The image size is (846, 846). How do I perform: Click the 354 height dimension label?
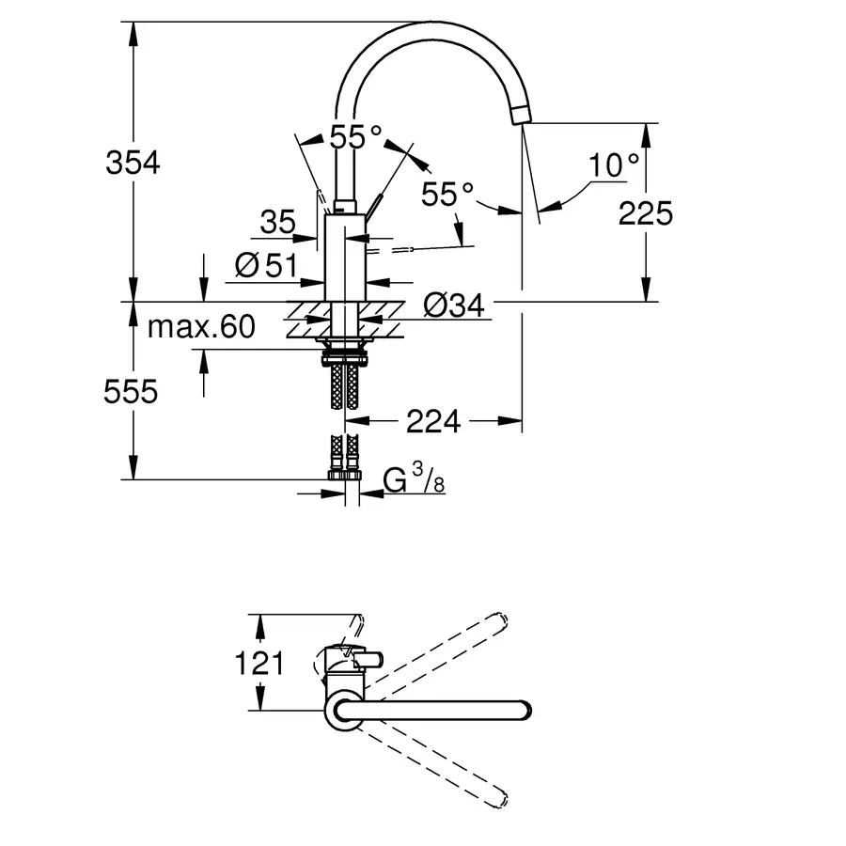[x=133, y=163]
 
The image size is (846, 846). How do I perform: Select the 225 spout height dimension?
[x=646, y=213]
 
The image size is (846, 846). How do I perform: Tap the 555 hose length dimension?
[x=131, y=391]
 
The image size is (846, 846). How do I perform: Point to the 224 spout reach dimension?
[x=433, y=423]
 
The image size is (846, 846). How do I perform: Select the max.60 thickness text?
[x=201, y=327]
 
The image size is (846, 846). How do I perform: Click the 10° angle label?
[x=615, y=166]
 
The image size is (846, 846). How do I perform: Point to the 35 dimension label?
[x=277, y=223]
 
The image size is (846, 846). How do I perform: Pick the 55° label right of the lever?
[x=446, y=195]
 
